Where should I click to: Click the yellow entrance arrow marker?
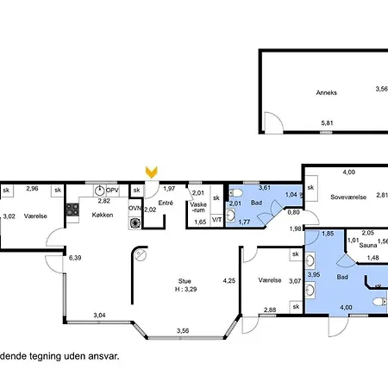click(x=151, y=172)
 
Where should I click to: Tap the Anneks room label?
click(x=327, y=92)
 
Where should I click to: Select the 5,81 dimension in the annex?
click(x=327, y=123)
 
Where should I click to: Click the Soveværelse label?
click(x=348, y=197)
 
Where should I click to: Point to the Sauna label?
click(x=368, y=246)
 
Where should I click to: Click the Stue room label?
click(x=185, y=281)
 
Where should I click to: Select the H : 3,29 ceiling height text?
click(x=186, y=289)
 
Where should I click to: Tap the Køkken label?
click(x=103, y=215)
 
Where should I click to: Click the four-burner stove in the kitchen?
click(x=72, y=210)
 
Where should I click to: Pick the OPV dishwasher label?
click(x=112, y=191)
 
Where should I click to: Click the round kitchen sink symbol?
click(x=99, y=191)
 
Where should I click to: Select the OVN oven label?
click(x=135, y=208)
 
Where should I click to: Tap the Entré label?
click(x=166, y=203)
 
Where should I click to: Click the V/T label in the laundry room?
click(x=216, y=220)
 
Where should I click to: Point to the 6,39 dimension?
click(x=75, y=258)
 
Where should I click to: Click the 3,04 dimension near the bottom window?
click(x=99, y=316)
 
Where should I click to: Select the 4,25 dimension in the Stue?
click(x=229, y=281)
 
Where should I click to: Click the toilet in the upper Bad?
click(x=236, y=192)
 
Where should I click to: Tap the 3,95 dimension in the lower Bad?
click(x=314, y=274)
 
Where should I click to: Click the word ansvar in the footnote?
click(x=103, y=356)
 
